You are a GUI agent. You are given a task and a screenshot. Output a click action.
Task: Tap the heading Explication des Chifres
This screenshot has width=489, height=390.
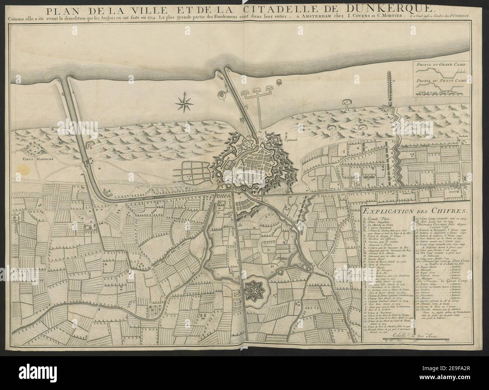[415, 211]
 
